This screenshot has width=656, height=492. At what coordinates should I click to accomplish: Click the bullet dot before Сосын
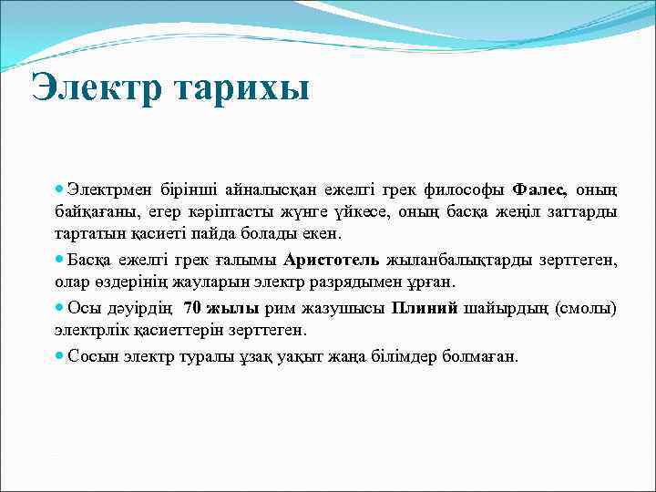[60, 355]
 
